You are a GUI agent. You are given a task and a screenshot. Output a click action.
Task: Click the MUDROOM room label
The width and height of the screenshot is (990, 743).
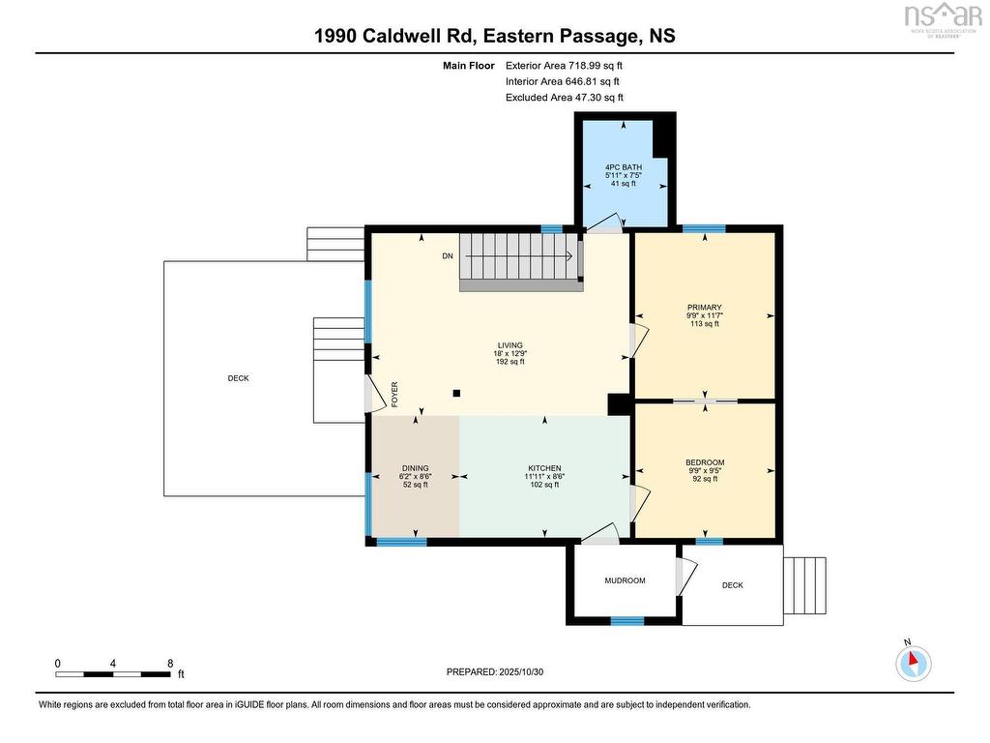coord(625,580)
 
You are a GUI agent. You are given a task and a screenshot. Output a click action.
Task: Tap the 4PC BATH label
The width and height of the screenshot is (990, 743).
coord(624,167)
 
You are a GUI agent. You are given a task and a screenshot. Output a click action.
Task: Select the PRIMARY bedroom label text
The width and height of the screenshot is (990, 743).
coord(704,308)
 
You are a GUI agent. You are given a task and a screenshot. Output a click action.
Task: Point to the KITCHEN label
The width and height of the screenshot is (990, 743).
coord(544,469)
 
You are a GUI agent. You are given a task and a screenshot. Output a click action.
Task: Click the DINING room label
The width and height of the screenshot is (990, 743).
coord(415,469)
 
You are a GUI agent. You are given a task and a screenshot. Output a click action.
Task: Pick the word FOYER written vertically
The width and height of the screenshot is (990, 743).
coord(394,395)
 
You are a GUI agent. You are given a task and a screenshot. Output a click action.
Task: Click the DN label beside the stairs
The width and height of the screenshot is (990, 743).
coord(448,256)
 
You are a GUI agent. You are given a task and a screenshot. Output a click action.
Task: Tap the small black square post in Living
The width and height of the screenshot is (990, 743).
coord(456,393)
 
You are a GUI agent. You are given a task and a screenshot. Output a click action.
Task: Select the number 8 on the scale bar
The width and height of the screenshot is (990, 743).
coord(170,664)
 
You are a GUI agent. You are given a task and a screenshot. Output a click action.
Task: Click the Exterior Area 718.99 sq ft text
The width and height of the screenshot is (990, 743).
coord(564,65)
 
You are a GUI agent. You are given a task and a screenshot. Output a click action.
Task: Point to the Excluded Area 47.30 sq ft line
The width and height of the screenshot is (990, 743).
coord(565,98)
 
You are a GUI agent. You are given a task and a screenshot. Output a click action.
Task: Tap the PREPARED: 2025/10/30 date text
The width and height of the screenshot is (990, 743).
coord(494,671)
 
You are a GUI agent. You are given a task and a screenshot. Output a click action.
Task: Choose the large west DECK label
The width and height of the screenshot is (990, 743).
coord(238,378)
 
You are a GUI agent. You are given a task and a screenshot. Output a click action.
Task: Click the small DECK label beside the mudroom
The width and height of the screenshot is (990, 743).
coord(733,585)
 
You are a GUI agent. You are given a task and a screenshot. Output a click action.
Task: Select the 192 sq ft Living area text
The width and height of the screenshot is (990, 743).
coord(510,362)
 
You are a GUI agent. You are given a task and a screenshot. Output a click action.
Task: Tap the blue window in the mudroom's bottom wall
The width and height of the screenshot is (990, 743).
coord(627,621)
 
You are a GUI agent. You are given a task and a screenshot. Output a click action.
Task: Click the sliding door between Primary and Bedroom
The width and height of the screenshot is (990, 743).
coord(705,401)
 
